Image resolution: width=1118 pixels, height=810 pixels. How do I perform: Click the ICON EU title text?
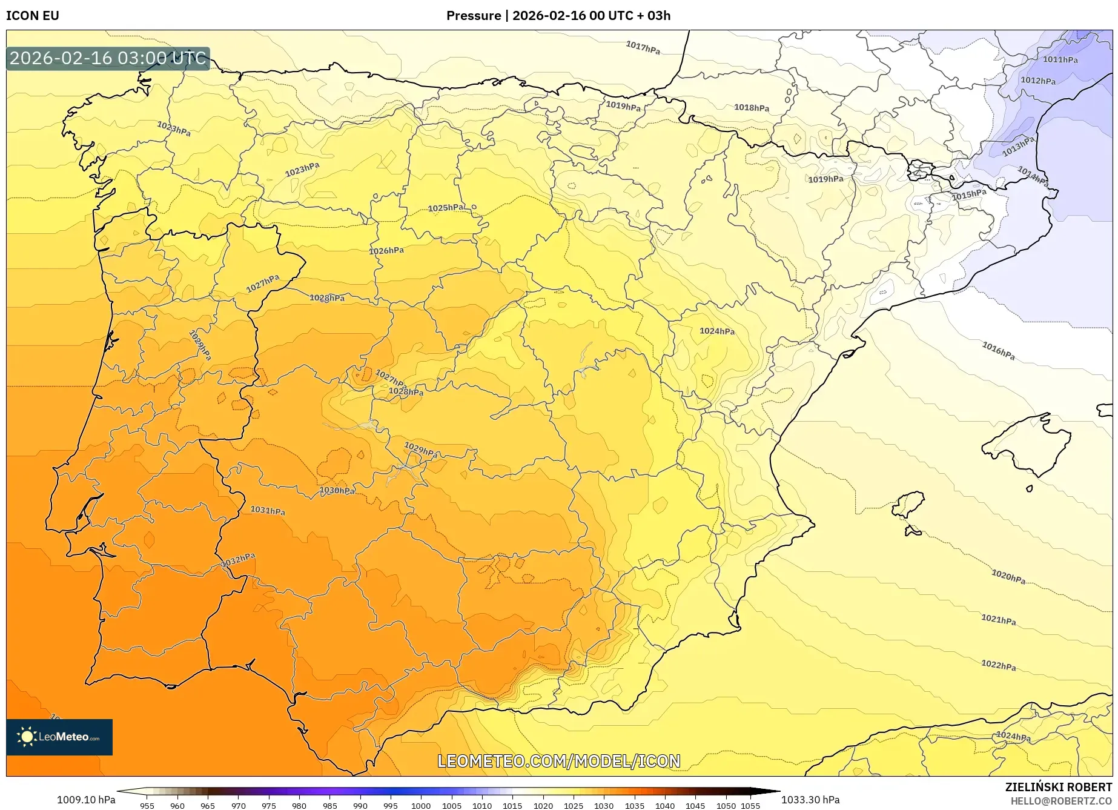tap(33, 16)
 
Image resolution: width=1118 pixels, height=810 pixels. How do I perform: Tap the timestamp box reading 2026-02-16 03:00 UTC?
tap(108, 58)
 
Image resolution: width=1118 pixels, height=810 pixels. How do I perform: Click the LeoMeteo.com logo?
tap(59, 737)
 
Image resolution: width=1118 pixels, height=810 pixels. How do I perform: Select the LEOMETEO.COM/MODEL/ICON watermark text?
tap(558, 761)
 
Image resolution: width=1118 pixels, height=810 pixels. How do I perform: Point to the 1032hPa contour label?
tap(238, 560)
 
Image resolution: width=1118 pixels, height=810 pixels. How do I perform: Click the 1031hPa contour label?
tap(268, 511)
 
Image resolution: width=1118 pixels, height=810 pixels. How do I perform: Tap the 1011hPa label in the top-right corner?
tap(1060, 59)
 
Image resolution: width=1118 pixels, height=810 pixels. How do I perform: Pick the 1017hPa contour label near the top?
tap(643, 47)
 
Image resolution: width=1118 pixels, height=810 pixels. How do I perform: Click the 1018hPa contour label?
tap(752, 108)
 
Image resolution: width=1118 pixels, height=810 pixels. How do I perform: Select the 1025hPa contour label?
tap(446, 208)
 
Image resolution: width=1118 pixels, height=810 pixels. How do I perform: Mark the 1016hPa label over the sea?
tap(998, 351)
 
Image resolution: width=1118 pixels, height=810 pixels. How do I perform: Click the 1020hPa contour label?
tap(1008, 576)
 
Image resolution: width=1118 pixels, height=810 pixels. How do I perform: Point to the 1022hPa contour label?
tap(999, 665)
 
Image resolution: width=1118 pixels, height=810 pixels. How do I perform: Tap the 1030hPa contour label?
tap(337, 490)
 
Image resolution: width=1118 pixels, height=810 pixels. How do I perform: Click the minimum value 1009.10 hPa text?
tap(86, 800)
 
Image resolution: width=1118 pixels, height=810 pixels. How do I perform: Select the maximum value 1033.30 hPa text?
tap(810, 800)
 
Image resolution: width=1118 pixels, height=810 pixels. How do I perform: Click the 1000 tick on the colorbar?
tap(420, 806)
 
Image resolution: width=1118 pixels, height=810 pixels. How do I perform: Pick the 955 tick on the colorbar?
tap(147, 806)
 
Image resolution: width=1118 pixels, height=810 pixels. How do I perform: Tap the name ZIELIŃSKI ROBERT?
tap(1058, 787)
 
